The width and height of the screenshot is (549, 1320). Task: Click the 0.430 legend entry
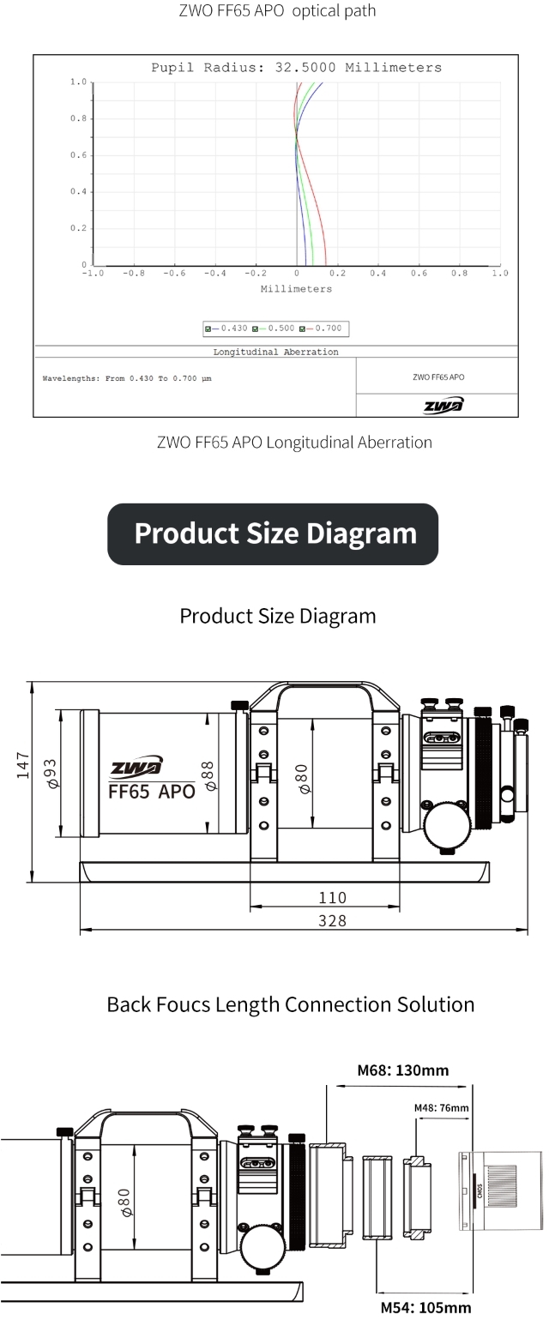click(226, 328)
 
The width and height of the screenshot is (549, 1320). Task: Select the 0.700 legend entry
click(321, 328)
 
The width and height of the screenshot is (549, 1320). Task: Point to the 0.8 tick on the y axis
click(78, 118)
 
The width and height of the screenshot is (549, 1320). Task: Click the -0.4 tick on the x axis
click(215, 274)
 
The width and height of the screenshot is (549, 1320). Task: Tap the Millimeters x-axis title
click(296, 289)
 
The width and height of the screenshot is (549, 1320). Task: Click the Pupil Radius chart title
click(296, 68)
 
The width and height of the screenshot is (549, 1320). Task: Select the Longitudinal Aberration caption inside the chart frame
click(275, 352)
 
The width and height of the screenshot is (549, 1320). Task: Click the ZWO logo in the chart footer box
click(443, 406)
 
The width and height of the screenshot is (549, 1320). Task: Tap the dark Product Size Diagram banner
click(273, 533)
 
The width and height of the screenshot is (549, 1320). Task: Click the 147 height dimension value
click(23, 765)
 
